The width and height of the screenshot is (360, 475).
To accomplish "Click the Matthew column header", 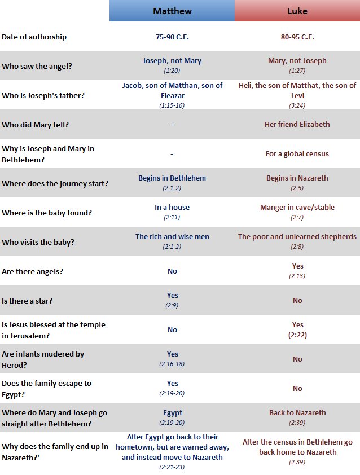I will [x=172, y=11].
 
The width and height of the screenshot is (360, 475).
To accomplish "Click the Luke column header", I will [x=297, y=11].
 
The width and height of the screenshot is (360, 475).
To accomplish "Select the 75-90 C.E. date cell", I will [x=172, y=37].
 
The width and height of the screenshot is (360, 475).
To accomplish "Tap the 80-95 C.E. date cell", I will [x=297, y=37].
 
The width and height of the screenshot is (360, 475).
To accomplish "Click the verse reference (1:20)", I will [x=172, y=71].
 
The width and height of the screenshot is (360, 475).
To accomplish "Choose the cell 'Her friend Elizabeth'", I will [x=297, y=124].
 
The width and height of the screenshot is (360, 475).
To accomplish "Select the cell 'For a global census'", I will [x=297, y=153].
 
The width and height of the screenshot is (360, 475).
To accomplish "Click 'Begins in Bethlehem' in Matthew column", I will [x=172, y=178].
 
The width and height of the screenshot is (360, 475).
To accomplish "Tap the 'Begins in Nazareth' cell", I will [x=297, y=178].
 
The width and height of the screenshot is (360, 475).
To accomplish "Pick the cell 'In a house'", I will [x=172, y=207].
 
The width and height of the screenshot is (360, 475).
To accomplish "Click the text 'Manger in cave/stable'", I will [x=297, y=207].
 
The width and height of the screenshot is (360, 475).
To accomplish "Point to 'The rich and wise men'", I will [x=172, y=236].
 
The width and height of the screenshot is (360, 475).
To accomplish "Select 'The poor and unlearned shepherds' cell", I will [x=297, y=236].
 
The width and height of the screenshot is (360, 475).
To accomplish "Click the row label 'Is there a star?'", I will [x=27, y=301].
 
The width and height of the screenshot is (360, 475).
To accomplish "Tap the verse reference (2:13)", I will [x=297, y=275].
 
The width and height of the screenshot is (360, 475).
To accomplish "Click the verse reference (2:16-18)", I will [x=172, y=364].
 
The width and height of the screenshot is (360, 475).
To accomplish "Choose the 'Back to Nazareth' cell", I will [x=297, y=412].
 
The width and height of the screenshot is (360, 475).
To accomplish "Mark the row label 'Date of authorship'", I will [x=34, y=37].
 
